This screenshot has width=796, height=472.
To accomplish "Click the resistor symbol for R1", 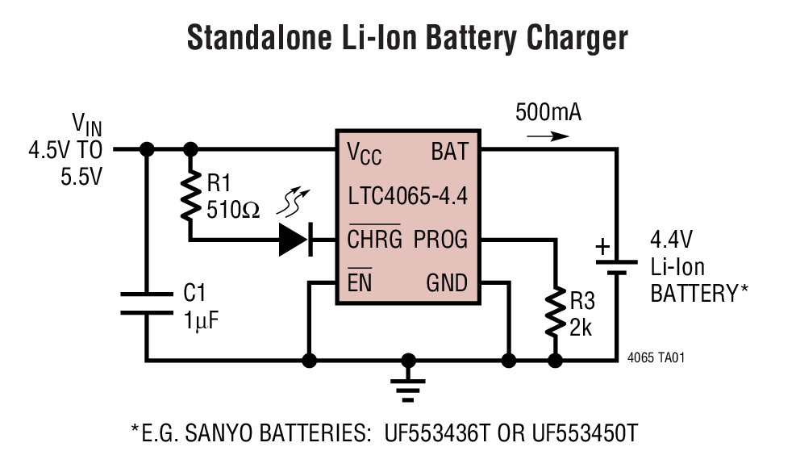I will [191, 194].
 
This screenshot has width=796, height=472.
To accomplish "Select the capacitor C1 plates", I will [147, 305].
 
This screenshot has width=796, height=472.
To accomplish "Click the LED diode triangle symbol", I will [294, 240].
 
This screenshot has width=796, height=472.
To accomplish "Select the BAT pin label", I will [448, 151].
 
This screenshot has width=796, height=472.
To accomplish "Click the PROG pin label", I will [440, 240].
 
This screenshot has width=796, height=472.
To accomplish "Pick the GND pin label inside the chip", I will [446, 283].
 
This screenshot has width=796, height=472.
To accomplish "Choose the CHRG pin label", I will [374, 240].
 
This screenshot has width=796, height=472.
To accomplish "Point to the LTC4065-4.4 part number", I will [406, 195].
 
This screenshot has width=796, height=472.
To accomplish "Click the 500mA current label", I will [548, 112].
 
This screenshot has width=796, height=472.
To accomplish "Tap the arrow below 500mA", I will [548, 136].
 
